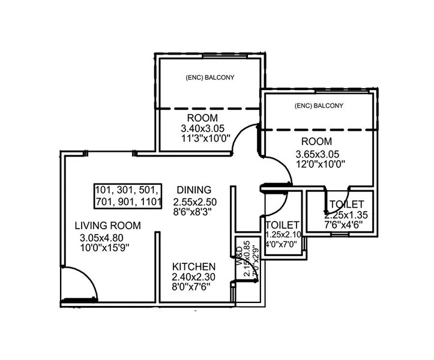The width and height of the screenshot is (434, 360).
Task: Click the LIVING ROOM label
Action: pyautogui.click(x=108, y=226)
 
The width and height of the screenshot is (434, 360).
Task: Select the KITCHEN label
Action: pyautogui.click(x=194, y=266)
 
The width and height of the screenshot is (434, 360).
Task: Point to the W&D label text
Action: pyautogui.click(x=238, y=256)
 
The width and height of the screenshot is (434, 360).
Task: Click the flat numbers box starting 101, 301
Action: pyautogui.click(x=128, y=196)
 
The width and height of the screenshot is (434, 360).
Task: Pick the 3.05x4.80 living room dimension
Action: pyautogui.click(x=104, y=237)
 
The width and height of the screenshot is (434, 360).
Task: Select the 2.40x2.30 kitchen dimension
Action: pyautogui.click(x=193, y=277)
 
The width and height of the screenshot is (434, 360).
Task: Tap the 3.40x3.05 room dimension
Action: pyautogui.click(x=202, y=128)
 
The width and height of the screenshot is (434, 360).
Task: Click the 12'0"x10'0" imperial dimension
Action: pyautogui.click(x=320, y=164)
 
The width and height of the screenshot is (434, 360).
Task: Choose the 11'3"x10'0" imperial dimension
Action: pyautogui.click(x=202, y=139)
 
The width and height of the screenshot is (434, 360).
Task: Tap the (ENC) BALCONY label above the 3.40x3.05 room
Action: pyautogui.click(x=209, y=77)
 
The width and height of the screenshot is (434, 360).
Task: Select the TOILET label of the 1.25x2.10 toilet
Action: pyautogui.click(x=282, y=225)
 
